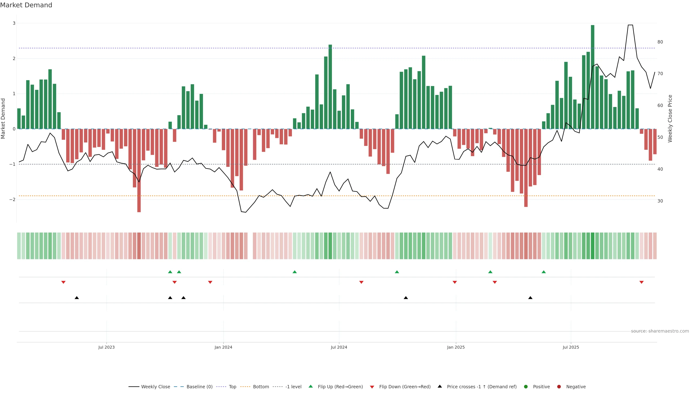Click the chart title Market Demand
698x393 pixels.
point(26,5)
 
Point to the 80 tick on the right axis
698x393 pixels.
point(660,42)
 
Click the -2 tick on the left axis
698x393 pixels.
point(12,199)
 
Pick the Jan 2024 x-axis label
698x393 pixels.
point(223,347)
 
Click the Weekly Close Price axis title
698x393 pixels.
point(670,118)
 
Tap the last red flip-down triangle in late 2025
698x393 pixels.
point(641,282)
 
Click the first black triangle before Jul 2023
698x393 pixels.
point(77,298)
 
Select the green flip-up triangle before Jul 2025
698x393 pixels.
point(543,272)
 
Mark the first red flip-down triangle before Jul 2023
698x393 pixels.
point(63,282)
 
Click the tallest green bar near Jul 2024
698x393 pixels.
point(330,87)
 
